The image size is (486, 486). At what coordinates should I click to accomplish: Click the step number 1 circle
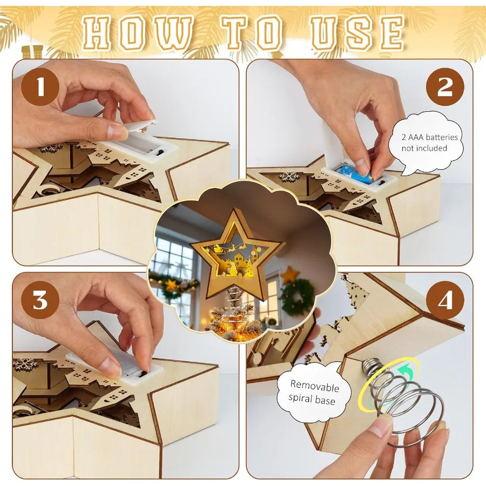click(40, 87)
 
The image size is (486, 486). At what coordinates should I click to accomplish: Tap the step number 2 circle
click(445, 87)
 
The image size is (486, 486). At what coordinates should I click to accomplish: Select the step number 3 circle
click(40, 300)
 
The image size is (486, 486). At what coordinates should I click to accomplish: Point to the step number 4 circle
click(445, 300)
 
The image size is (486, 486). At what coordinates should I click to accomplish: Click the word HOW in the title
click(137, 33)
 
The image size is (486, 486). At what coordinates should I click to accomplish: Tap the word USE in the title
click(357, 33)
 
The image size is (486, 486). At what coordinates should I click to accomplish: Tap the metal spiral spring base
click(403, 400)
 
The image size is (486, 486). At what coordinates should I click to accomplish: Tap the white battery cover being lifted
click(139, 125)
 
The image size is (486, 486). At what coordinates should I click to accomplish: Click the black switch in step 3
click(143, 373)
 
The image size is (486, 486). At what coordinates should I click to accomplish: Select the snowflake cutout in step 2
click(289, 177)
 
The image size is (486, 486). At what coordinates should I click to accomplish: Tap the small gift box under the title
click(32, 52)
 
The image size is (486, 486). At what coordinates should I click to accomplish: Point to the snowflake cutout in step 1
click(51, 148)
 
